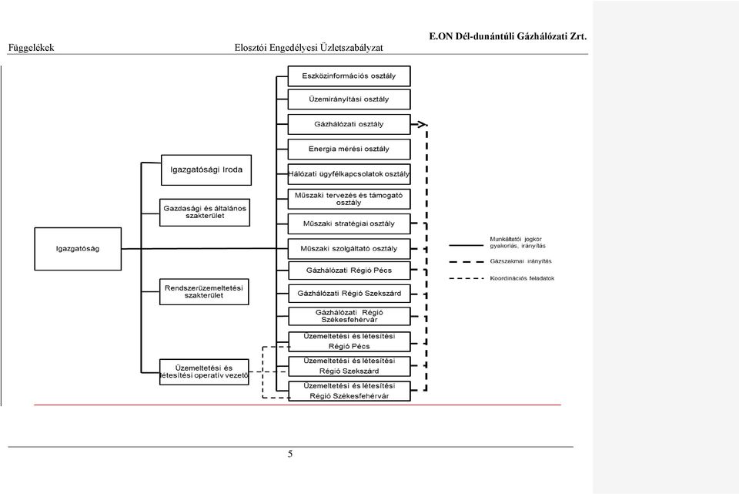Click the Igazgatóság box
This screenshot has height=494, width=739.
click(x=78, y=249)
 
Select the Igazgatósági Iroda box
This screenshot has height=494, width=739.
click(x=206, y=170)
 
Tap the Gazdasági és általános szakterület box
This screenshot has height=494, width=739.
click(x=205, y=213)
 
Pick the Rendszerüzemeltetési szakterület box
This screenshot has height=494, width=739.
click(x=204, y=291)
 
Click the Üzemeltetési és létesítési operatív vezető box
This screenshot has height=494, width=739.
click(x=204, y=371)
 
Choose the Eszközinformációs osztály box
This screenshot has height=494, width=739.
click(x=349, y=76)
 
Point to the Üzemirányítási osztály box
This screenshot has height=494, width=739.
click(x=349, y=99)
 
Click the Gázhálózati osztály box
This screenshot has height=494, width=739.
click(x=349, y=124)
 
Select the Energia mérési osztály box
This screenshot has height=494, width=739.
click(x=349, y=149)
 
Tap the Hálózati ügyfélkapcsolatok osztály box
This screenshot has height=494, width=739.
click(x=349, y=174)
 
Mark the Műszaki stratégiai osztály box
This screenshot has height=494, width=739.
click(x=349, y=223)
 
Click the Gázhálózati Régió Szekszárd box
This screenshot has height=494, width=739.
click(x=349, y=294)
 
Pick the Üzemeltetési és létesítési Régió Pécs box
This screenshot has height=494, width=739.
click(x=349, y=341)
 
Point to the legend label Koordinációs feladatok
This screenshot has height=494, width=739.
click(x=522, y=278)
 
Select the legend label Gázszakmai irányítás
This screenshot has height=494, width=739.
click(x=520, y=261)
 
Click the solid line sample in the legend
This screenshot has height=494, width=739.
click(x=466, y=245)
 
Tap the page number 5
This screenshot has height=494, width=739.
click(x=290, y=454)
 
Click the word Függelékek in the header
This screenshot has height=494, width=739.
click(x=31, y=48)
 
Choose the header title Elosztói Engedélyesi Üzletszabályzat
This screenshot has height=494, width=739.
click(x=309, y=48)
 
